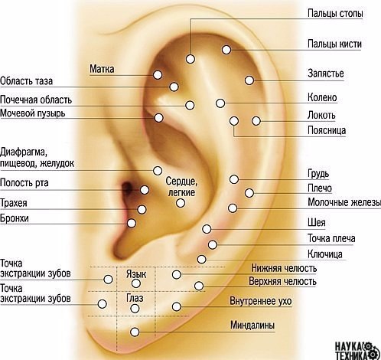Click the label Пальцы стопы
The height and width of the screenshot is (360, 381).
coord(335,13)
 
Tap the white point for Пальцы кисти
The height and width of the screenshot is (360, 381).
coord(226,50)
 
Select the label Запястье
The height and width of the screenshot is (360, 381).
coord(326,74)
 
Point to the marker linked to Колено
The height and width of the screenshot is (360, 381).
coord(220,103)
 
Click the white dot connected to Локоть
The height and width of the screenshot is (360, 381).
coord(256,121)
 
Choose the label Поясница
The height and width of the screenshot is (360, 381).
coord(327,130)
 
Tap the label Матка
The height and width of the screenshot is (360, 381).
coord(102,69)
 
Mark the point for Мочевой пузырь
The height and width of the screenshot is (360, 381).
coord(158,118)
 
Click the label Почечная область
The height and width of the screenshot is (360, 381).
coord(36,100)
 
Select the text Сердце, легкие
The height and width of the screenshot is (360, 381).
coord(181,187)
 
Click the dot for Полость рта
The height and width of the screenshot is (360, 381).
coord(145,190)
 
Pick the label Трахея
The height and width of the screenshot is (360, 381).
coord(13,203)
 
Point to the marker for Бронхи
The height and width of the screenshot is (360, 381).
coord(132,223)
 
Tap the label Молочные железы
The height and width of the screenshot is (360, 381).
coord(344,202)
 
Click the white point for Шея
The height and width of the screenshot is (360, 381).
coord(207,229)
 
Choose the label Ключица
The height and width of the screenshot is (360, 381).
coord(325,254)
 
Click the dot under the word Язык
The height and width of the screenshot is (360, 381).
coord(135,283)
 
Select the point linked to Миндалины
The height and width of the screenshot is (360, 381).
coord(135,332)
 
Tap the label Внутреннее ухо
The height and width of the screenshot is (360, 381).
coord(260,301)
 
